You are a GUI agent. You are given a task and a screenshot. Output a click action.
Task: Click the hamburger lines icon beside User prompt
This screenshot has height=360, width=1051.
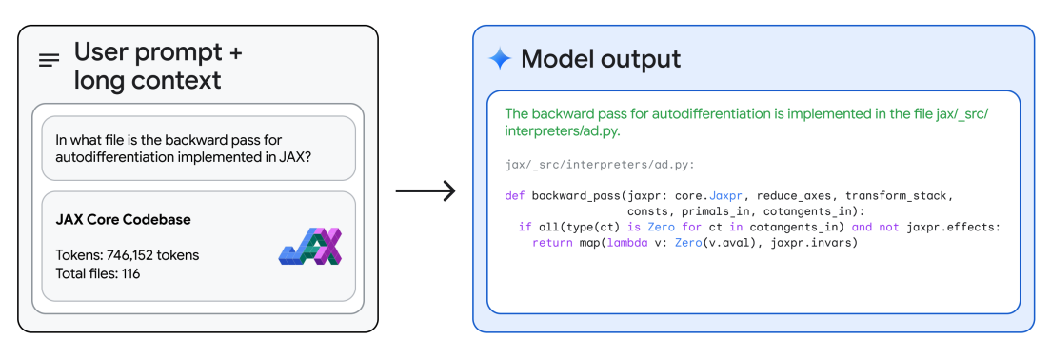[49, 60]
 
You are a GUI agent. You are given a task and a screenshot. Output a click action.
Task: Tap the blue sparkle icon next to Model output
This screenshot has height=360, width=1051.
[500, 59]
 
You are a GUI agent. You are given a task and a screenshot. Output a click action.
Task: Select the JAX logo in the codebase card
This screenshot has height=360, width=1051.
[310, 246]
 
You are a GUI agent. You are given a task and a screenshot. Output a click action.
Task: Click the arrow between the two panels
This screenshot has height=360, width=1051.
[426, 191]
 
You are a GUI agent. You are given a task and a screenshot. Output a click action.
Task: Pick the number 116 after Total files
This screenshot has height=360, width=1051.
[130, 273]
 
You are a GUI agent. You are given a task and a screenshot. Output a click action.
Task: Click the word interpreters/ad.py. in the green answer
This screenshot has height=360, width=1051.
[563, 131]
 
